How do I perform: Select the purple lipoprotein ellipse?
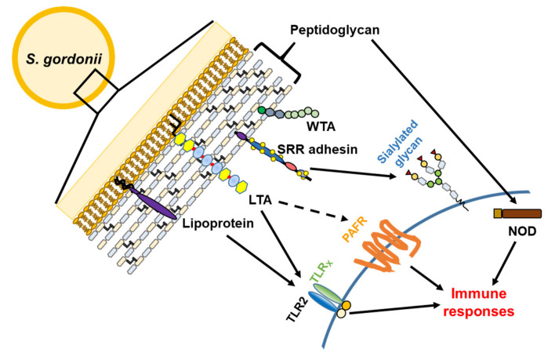tap(153, 202)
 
